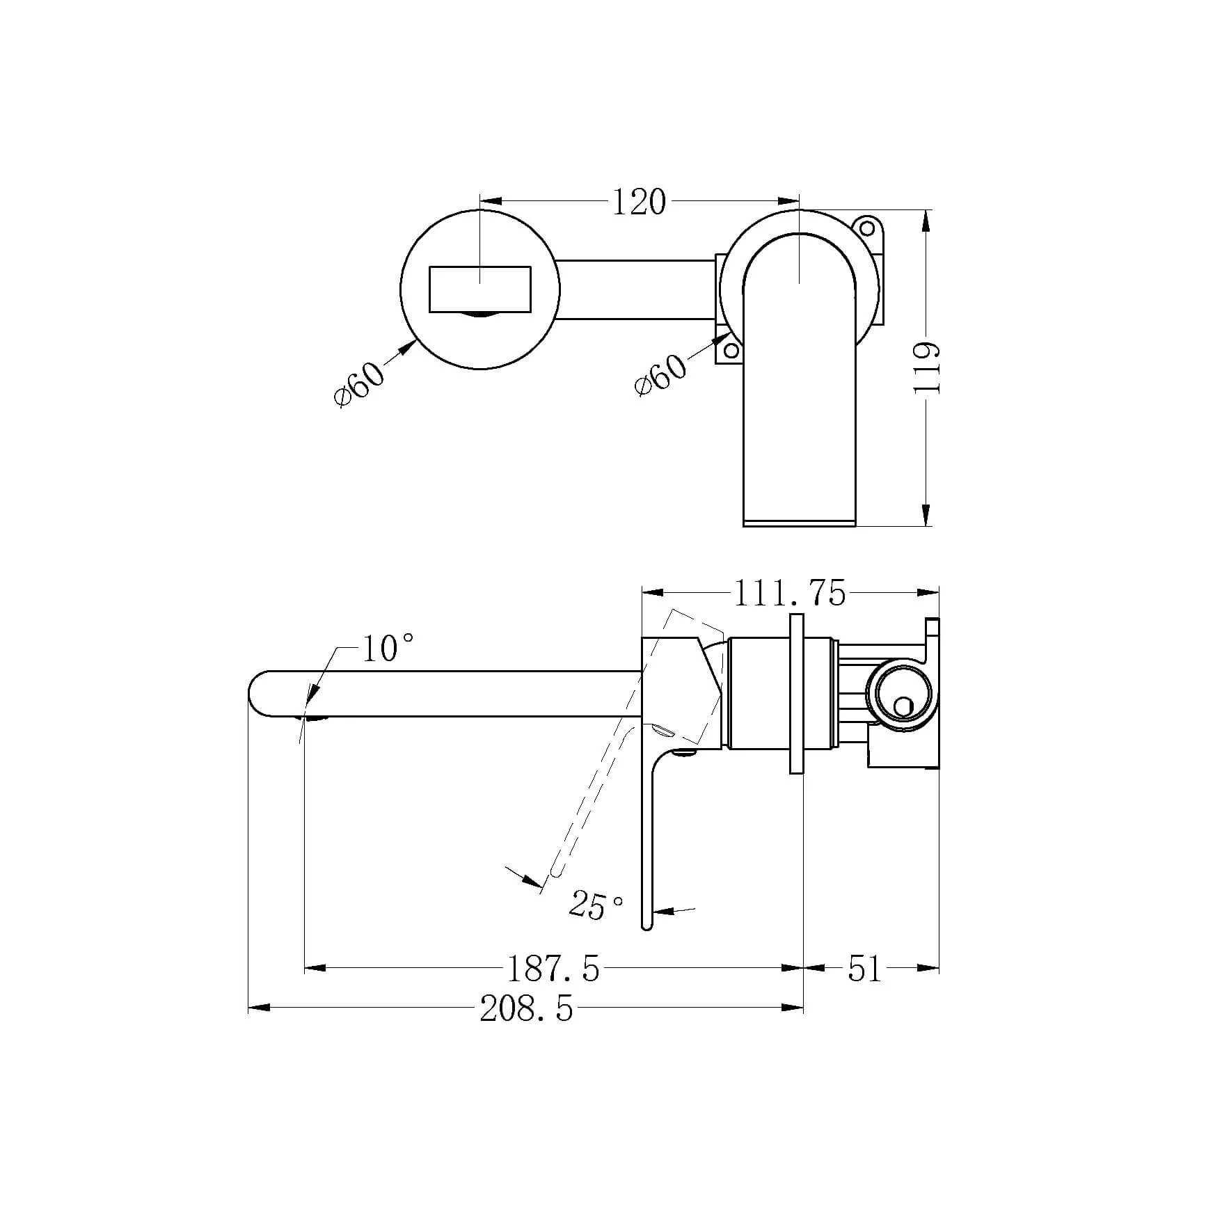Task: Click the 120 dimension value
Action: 639,202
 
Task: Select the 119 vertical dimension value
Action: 927,367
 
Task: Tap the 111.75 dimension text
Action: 789,594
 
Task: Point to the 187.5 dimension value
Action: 553,968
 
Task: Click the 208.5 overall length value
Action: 527,1008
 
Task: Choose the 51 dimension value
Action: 865,968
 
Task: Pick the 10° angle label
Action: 388,649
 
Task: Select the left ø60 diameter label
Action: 359,383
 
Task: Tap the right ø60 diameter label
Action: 660,374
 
